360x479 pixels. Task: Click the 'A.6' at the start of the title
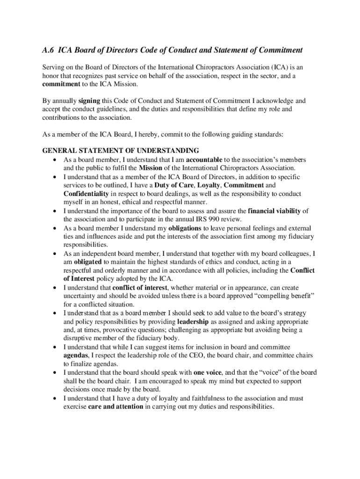(x=49, y=50)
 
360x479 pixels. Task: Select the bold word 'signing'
(x=89, y=101)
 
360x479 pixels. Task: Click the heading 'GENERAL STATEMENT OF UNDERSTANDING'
(x=121, y=151)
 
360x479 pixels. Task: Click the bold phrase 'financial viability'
(x=274, y=211)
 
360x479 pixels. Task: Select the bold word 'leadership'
(x=193, y=322)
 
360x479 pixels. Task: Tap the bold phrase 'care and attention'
(x=115, y=407)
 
